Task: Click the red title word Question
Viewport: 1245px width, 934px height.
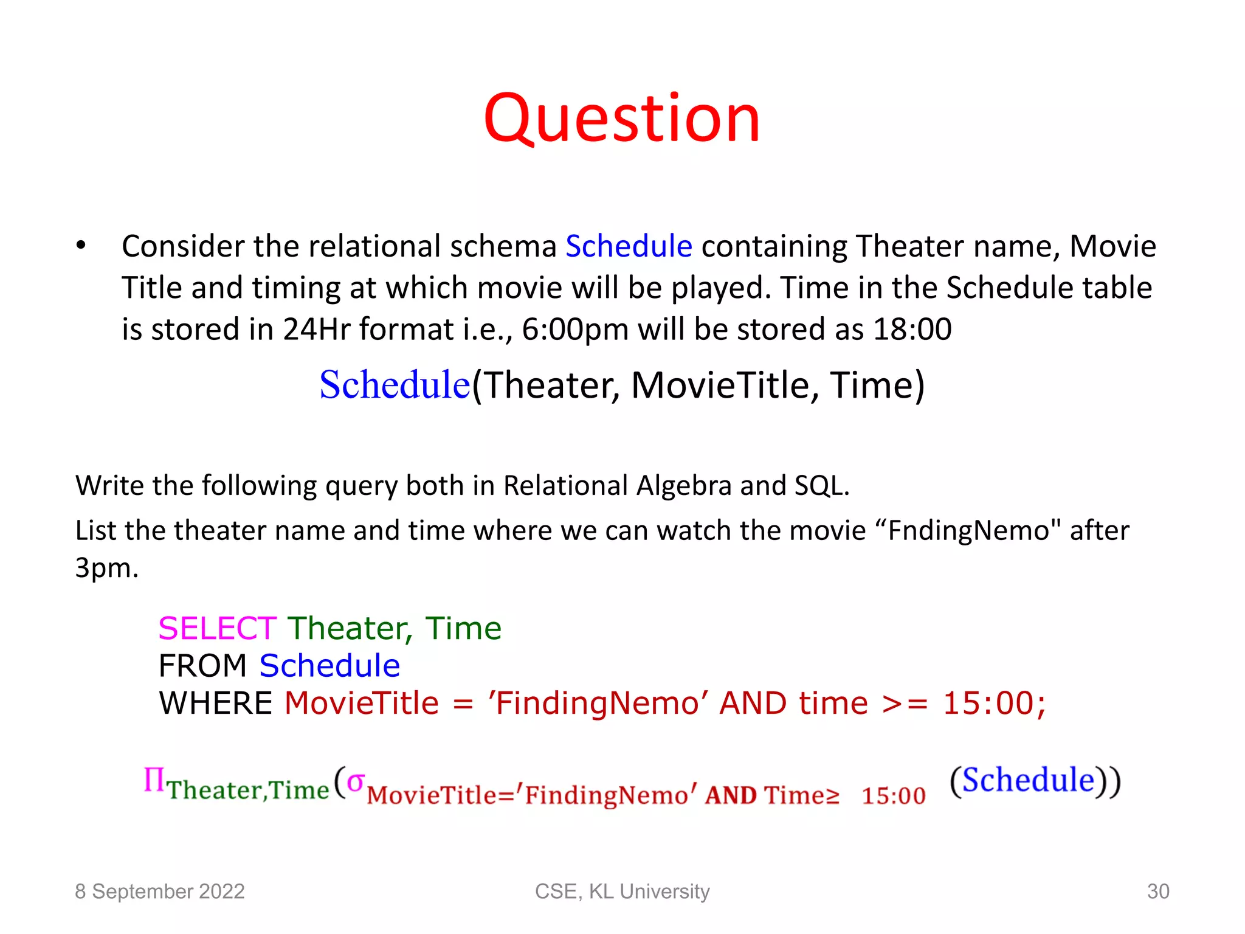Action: coord(621,119)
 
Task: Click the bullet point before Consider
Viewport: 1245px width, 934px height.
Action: coord(81,246)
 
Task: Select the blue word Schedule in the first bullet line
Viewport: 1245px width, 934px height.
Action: coord(629,246)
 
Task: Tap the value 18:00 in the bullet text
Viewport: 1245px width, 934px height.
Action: coord(912,330)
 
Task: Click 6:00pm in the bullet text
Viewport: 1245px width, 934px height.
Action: coord(574,330)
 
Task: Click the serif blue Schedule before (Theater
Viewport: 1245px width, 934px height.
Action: coord(395,386)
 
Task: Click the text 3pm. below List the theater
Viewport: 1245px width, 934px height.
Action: coord(107,569)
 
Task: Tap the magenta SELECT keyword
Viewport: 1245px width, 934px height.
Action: coord(217,629)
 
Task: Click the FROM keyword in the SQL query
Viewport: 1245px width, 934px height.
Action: coord(202,666)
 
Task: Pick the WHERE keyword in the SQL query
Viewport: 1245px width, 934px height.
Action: coord(216,704)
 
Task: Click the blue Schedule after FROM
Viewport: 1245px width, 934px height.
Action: coord(329,666)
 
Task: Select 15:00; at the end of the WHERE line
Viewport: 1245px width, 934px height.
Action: coord(994,704)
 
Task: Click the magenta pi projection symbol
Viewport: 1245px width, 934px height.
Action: coord(154,780)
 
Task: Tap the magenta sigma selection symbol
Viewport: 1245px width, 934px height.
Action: coord(355,781)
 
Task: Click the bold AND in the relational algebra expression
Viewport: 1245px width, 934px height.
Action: coord(730,795)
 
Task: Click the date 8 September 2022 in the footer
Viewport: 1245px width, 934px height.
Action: coord(159,891)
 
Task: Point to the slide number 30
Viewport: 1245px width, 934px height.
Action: coord(1157,891)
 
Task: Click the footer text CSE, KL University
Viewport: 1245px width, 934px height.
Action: coord(622,891)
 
